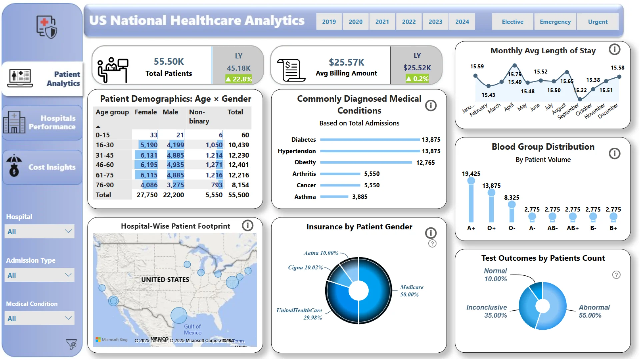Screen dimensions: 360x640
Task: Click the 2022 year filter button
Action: (409, 22)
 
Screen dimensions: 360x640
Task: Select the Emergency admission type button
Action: (555, 22)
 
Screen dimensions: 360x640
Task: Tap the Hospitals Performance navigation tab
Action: (42, 123)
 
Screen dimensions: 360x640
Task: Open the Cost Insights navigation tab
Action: (42, 167)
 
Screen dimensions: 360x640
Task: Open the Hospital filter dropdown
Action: (39, 231)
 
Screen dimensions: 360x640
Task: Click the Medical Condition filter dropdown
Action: (39, 318)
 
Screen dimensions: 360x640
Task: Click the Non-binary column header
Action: (199, 116)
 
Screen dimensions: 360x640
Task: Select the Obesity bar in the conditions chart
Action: (366, 162)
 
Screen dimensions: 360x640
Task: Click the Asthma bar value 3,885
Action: (360, 197)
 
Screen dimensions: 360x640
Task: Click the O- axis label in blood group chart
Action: (512, 228)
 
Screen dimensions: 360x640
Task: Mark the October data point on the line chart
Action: (580, 99)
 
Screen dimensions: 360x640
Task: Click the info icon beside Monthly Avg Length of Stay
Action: (614, 50)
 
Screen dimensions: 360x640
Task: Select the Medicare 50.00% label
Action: (411, 291)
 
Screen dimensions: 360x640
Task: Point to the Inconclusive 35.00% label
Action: (486, 311)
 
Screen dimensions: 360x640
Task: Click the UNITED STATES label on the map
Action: (165, 279)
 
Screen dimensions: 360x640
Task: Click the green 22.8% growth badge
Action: (239, 79)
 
